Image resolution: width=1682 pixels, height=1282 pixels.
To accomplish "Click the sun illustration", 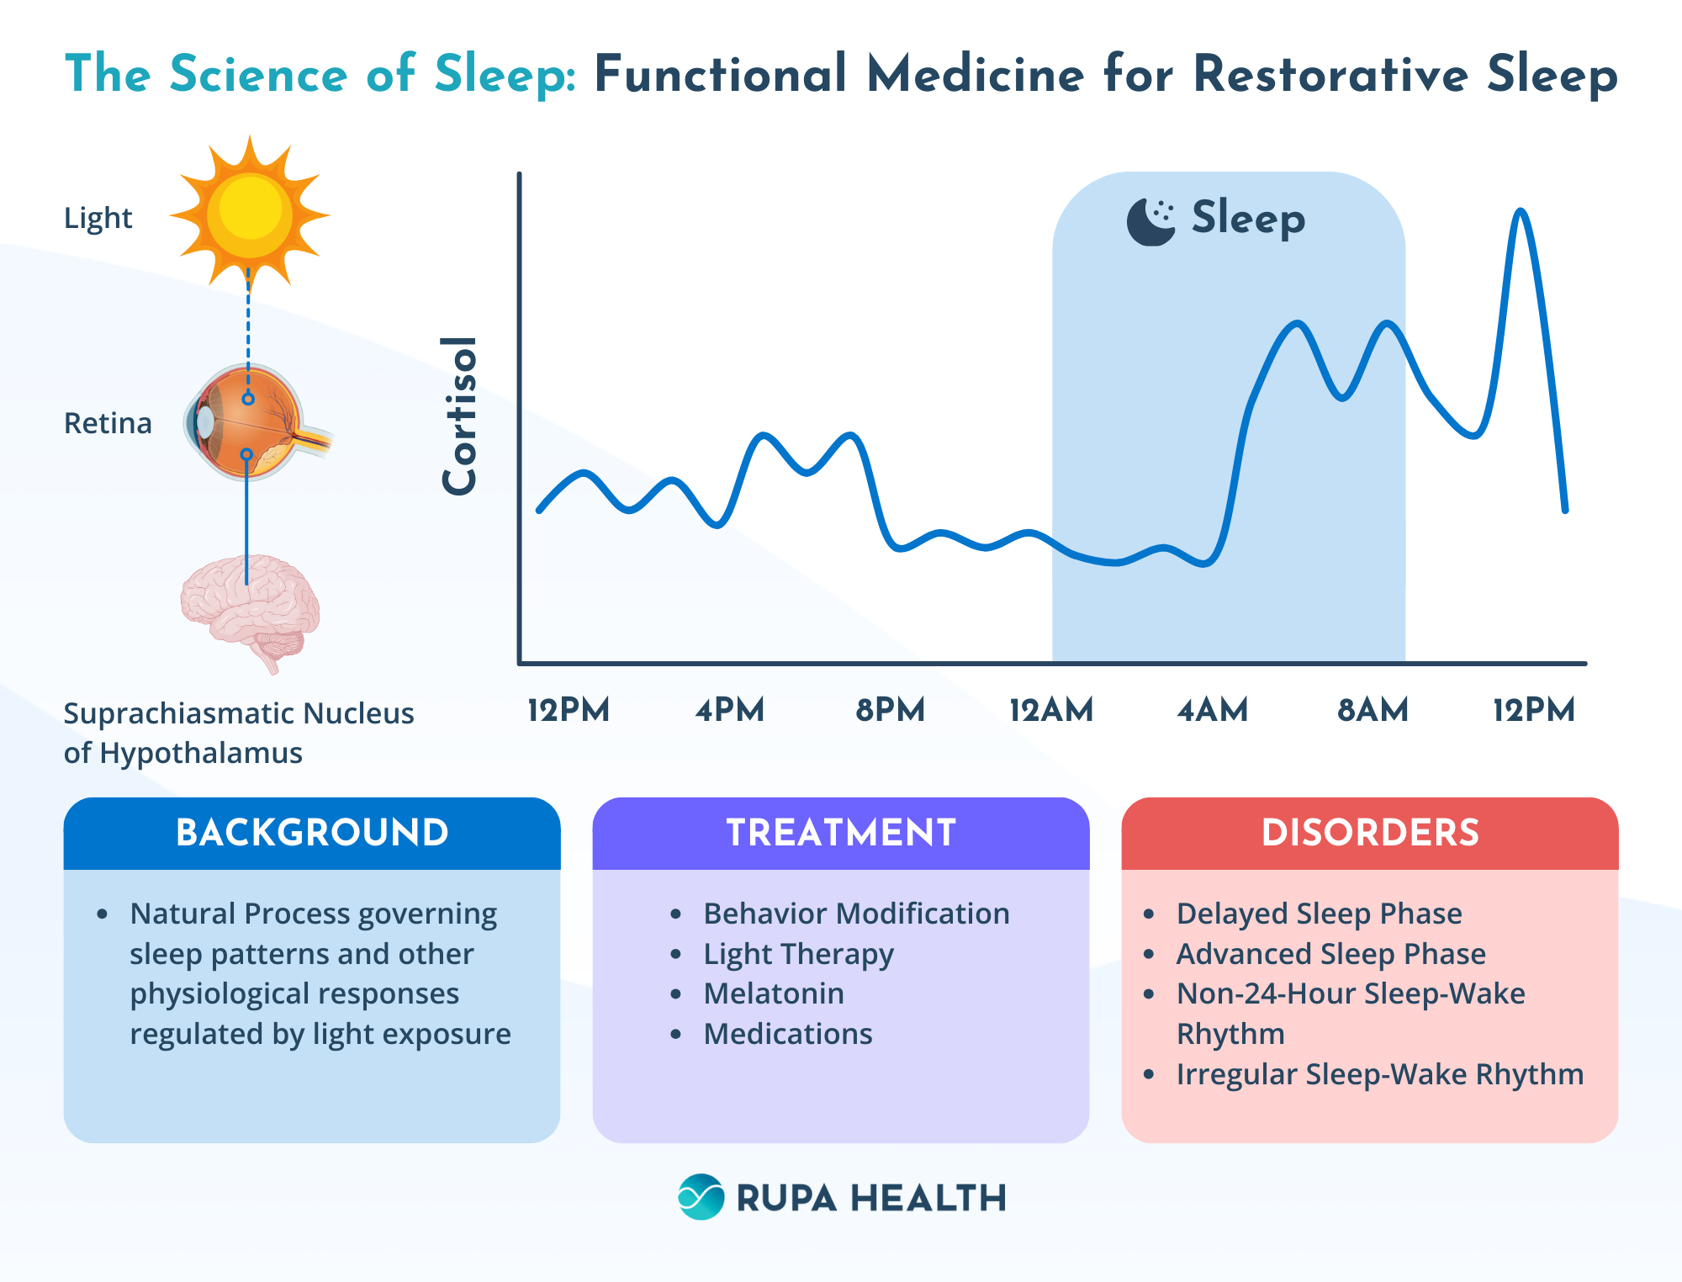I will coord(250,212).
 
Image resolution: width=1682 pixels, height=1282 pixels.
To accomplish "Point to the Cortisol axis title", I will coord(460,416).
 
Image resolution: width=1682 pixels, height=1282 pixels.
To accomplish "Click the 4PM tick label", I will coord(729,710).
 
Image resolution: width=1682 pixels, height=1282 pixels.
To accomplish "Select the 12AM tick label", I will coord(1050,710).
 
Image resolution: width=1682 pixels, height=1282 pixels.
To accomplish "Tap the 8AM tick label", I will coord(1373,710).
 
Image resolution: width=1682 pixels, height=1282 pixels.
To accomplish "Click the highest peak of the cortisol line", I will coord(1520,212).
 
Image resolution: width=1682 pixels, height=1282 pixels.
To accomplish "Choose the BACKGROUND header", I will coord(312,833).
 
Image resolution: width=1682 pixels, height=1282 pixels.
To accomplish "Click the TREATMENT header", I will coord(841,833).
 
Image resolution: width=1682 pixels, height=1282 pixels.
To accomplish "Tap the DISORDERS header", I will coord(1370,833).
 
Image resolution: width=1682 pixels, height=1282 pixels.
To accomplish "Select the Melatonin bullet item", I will coord(774,993).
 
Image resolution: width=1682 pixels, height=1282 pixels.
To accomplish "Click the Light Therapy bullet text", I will coord(798,954).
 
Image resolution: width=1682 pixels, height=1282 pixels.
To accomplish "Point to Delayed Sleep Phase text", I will coord(1319,914).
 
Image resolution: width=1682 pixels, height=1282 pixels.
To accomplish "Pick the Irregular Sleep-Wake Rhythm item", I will coord(1379,1074).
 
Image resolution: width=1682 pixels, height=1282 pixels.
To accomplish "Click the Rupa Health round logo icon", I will coord(701,1196).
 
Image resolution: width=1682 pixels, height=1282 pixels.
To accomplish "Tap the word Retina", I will coord(108,423).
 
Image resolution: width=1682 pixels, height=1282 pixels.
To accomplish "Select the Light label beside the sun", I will coord(98,218).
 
